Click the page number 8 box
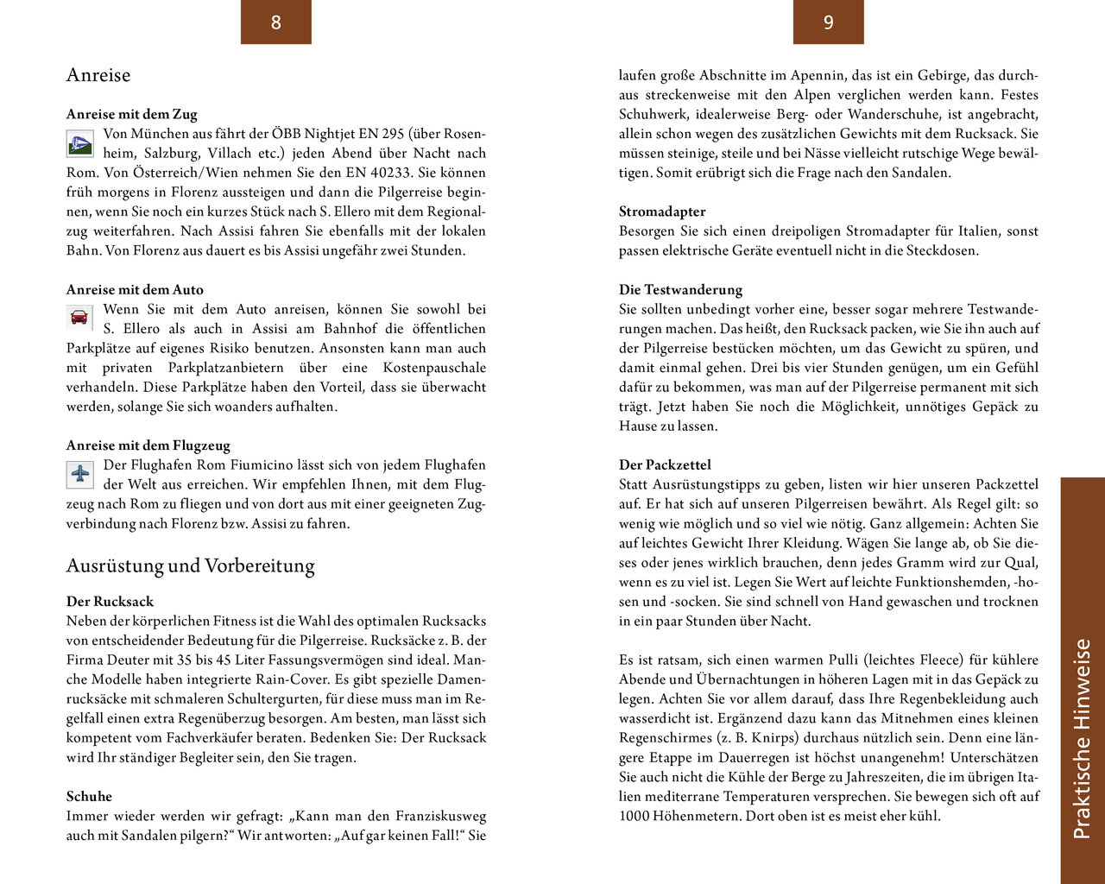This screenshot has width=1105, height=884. (275, 22)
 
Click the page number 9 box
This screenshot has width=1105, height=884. (828, 22)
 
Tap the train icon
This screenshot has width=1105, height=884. (80, 143)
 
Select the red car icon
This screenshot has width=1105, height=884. (79, 318)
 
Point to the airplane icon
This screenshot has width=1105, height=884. (80, 474)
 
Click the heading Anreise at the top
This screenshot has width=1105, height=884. (98, 75)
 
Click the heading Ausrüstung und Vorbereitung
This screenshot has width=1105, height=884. (190, 566)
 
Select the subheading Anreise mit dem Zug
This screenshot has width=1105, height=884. (131, 114)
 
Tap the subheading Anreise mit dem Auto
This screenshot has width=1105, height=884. (135, 290)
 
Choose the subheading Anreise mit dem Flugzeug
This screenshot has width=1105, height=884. (148, 445)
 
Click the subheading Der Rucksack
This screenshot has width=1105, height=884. (110, 602)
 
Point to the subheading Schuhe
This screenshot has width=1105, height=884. (89, 796)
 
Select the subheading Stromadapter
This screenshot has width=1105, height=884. (662, 212)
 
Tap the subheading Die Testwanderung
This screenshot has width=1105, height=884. (680, 290)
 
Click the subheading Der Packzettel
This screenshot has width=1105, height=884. (665, 465)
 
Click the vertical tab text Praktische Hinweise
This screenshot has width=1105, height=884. (1082, 738)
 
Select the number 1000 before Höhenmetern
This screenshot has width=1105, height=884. (635, 816)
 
